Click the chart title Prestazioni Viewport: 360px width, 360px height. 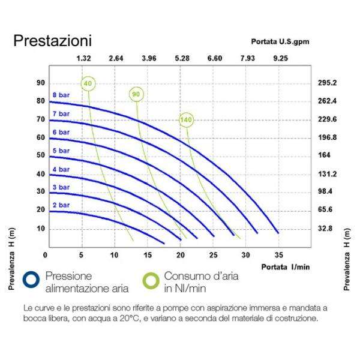point(53,41)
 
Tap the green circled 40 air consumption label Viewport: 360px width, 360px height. point(88,83)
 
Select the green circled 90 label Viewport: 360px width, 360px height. point(136,95)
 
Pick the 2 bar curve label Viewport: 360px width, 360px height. point(61,205)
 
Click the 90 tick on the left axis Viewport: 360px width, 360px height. point(41,83)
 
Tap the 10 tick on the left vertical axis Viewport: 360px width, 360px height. point(41,229)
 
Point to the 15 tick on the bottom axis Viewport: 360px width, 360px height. point(147,254)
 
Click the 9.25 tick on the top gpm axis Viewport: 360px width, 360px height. point(280,58)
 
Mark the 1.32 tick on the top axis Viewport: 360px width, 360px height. point(84,58)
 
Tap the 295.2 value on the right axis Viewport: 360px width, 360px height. point(328,83)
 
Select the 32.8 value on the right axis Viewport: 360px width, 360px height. point(328,229)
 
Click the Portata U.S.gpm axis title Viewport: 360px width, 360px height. point(279,42)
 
